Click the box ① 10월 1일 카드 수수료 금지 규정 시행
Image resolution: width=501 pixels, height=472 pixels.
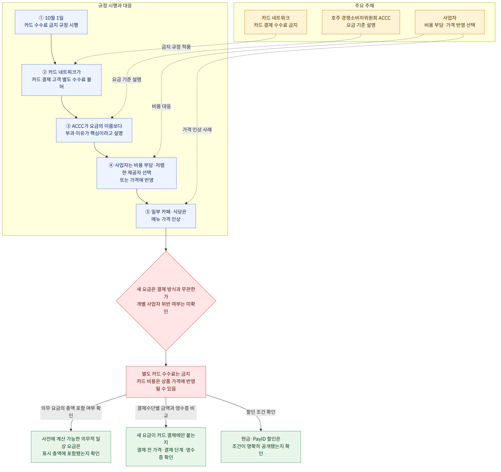(x=51, y=22)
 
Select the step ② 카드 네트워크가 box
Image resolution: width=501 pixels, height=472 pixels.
(x=62, y=80)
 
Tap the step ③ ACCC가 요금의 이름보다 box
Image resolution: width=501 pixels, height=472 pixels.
(x=94, y=130)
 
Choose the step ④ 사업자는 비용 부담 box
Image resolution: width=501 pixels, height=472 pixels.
(x=137, y=173)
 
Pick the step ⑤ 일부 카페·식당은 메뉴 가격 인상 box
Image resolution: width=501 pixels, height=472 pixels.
(x=166, y=216)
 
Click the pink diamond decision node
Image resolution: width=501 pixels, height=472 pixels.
(x=166, y=301)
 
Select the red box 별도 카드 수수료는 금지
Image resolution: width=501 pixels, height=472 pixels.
(x=166, y=382)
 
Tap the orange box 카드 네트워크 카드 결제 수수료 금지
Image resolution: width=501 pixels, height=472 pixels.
(x=275, y=22)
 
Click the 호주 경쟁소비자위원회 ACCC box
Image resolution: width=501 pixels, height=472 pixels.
(x=361, y=22)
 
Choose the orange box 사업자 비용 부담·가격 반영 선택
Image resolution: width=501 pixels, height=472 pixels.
(x=450, y=22)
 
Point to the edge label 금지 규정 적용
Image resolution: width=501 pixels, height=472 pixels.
(x=176, y=47)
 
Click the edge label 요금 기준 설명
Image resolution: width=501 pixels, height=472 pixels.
(x=127, y=80)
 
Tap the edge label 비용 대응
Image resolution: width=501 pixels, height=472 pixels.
(x=161, y=106)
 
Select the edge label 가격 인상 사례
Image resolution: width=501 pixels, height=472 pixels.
(x=197, y=130)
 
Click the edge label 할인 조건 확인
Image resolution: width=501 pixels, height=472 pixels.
(x=261, y=412)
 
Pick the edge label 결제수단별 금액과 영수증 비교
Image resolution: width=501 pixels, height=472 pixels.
(x=166, y=412)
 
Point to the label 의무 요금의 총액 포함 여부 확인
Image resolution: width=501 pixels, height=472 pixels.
(x=71, y=412)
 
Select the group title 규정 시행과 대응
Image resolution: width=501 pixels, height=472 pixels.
(x=115, y=6)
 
